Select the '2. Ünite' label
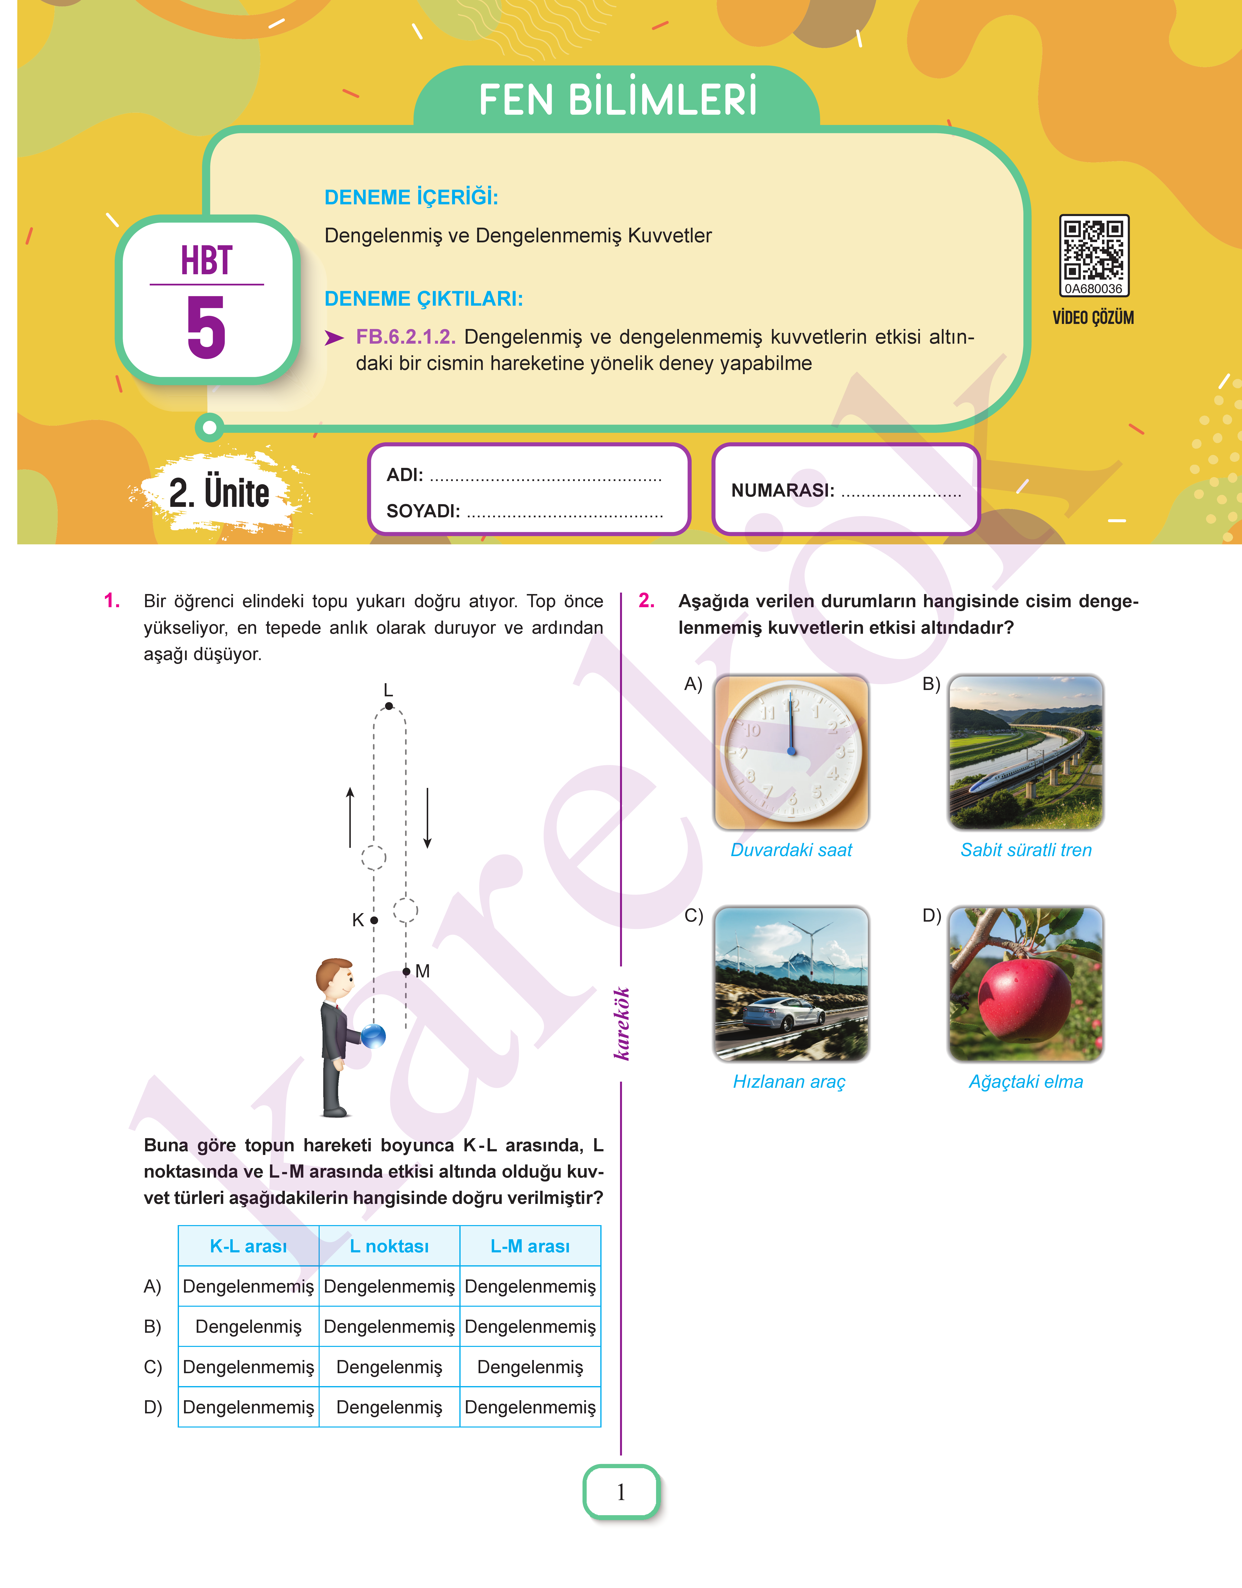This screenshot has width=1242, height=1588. click(219, 492)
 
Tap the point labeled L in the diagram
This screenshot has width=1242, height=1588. click(389, 706)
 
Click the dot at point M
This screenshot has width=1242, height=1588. click(407, 971)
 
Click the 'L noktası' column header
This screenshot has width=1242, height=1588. click(389, 1246)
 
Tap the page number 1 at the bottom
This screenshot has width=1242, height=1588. click(621, 1492)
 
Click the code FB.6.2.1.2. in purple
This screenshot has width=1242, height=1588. click(405, 337)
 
